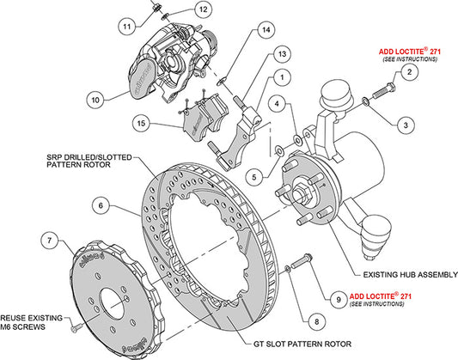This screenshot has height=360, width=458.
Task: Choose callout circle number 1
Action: point(278,77)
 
